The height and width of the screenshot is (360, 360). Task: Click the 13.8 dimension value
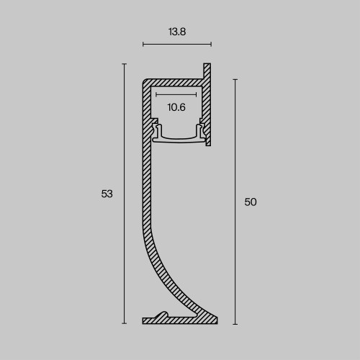point(176,32)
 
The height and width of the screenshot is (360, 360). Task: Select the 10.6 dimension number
point(176,107)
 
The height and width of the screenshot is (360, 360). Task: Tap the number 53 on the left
point(107,194)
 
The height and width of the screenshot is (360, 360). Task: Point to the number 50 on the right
point(251,202)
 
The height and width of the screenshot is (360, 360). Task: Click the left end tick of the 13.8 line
point(143,45)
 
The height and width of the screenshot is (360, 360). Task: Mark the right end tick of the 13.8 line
point(211,45)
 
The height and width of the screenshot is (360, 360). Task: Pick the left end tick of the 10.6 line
point(156,94)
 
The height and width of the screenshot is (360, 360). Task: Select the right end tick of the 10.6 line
point(196,94)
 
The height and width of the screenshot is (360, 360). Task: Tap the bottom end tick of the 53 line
point(125,323)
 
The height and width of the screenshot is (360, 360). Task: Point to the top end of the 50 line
point(235,80)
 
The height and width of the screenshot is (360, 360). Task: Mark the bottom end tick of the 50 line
point(235,323)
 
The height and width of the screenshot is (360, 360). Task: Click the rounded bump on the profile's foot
point(164,315)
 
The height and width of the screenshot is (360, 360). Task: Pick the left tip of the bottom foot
point(144,320)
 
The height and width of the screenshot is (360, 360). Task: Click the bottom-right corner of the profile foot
point(216,322)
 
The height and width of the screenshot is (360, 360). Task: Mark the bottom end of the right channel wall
point(207,144)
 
